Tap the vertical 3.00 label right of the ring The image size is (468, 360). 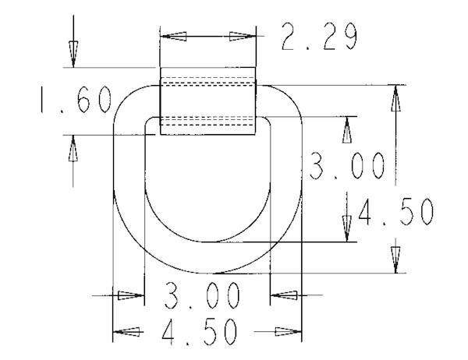click(346, 166)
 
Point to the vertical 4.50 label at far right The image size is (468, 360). click(395, 212)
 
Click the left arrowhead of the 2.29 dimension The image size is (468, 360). click(173, 36)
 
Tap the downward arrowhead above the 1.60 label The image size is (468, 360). click(73, 54)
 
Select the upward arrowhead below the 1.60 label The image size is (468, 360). click(73, 148)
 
